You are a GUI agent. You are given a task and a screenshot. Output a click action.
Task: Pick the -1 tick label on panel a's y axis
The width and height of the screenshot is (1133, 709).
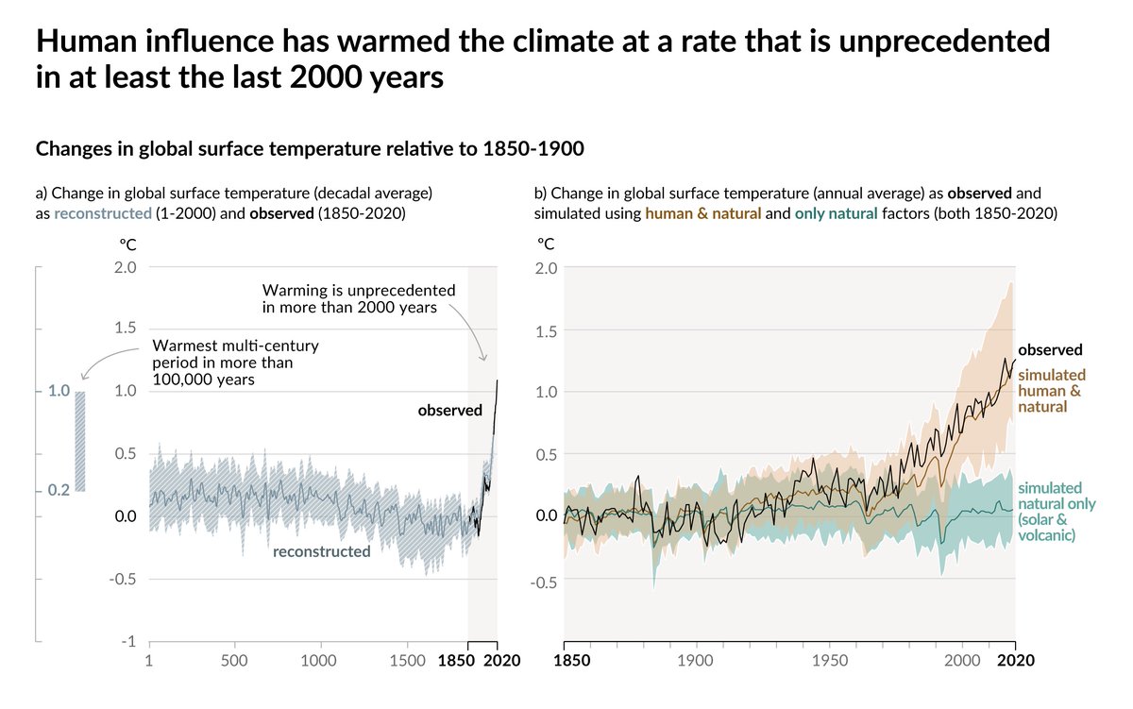(127, 641)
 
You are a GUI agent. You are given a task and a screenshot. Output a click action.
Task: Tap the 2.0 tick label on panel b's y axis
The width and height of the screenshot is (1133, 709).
(547, 267)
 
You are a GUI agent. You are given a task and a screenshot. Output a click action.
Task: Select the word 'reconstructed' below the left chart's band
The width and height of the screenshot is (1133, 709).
(321, 551)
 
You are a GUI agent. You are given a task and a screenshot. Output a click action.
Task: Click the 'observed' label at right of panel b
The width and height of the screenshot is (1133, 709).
(1050, 349)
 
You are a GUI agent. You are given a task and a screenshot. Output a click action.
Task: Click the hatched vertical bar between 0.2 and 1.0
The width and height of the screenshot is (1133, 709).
(80, 441)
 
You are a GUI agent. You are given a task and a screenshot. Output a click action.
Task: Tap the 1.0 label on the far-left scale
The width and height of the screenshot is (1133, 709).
(59, 391)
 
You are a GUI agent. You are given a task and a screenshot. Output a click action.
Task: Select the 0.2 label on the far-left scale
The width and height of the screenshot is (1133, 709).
(59, 490)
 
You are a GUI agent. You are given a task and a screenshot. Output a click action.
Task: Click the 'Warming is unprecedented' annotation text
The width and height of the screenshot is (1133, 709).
(358, 290)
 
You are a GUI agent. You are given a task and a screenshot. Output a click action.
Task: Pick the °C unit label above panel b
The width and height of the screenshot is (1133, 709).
(545, 244)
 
